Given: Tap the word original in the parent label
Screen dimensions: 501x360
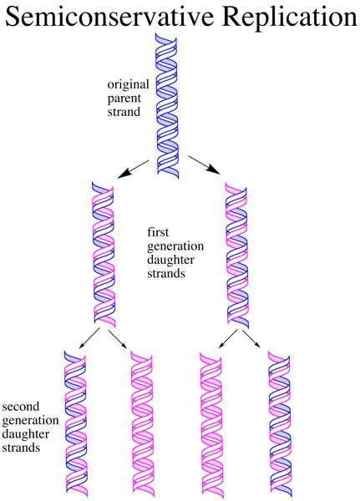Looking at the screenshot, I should tap(126, 84).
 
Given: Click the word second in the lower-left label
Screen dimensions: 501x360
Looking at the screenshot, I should tap(21, 407).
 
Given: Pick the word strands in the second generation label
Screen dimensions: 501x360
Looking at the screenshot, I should tap(23, 448).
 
